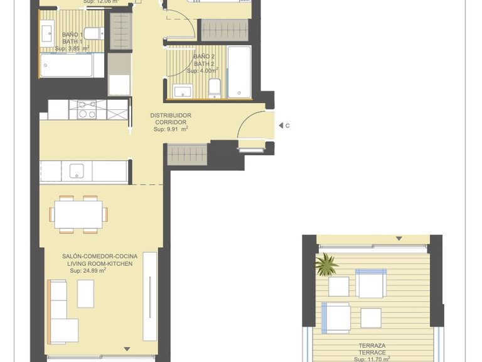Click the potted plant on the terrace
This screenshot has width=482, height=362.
point(326,265)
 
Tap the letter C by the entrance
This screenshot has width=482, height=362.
point(287,126)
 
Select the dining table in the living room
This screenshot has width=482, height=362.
point(78,214)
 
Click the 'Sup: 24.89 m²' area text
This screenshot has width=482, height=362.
point(83,271)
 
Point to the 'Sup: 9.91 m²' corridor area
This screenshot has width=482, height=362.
point(171,129)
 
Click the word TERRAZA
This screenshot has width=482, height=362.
point(372,346)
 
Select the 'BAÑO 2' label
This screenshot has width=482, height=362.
point(204,57)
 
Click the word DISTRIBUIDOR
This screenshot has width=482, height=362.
point(171,116)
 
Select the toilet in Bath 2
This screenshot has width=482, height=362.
point(214,89)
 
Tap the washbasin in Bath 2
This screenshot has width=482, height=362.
point(182,92)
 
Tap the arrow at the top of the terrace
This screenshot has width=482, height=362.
point(399,238)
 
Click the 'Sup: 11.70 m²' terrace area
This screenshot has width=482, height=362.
point(372,359)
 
